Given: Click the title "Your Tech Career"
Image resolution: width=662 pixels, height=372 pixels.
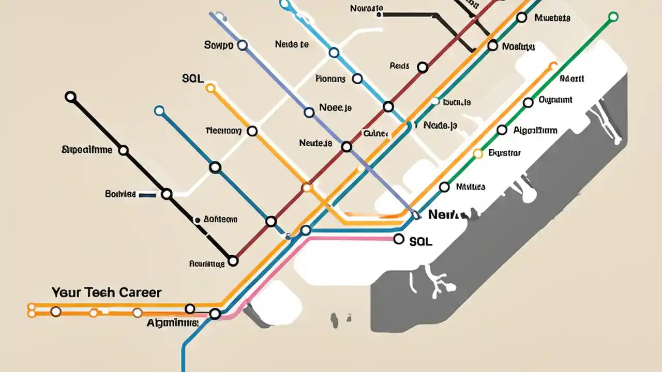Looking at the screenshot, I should pyautogui.click(x=106, y=292).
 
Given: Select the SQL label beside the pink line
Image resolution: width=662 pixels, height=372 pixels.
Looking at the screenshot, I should pyautogui.click(x=420, y=241).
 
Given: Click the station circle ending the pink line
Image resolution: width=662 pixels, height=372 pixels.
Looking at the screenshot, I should pyautogui.click(x=398, y=239).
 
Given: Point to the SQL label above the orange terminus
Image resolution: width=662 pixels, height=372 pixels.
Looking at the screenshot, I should pyautogui.click(x=193, y=79).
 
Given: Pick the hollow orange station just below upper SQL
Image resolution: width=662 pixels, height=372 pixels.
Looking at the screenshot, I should pyautogui.click(x=210, y=88).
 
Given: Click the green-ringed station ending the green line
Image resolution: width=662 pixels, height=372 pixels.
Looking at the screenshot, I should pyautogui.click(x=613, y=17).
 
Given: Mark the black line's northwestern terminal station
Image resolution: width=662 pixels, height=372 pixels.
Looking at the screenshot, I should pyautogui.click(x=70, y=97).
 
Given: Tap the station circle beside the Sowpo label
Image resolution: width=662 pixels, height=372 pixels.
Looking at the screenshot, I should pyautogui.click(x=242, y=45).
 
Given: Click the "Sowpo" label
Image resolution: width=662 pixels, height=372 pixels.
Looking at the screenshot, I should pyautogui.click(x=219, y=45).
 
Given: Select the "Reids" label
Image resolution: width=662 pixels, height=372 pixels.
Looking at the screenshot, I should pyautogui.click(x=399, y=66).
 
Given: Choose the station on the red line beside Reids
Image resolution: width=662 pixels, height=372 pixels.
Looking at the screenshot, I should pyautogui.click(x=423, y=67).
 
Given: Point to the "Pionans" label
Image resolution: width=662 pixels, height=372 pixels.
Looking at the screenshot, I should pyautogui.click(x=330, y=79).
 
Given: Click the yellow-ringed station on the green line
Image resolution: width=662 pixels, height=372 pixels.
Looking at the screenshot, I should pyautogui.click(x=478, y=153).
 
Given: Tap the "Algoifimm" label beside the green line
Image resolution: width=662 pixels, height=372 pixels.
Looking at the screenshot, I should pyautogui.click(x=535, y=130).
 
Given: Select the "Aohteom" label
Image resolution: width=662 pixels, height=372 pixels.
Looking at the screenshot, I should pyautogui.click(x=220, y=219).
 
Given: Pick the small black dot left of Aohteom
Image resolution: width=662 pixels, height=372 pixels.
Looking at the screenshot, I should pyautogui.click(x=197, y=220).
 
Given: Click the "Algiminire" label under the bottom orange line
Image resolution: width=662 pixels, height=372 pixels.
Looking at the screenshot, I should pyautogui.click(x=172, y=323).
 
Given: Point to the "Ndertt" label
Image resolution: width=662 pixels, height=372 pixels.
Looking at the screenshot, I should pyautogui.click(x=571, y=79).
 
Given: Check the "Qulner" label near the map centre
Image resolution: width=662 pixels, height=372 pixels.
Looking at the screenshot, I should pyautogui.click(x=375, y=134).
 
